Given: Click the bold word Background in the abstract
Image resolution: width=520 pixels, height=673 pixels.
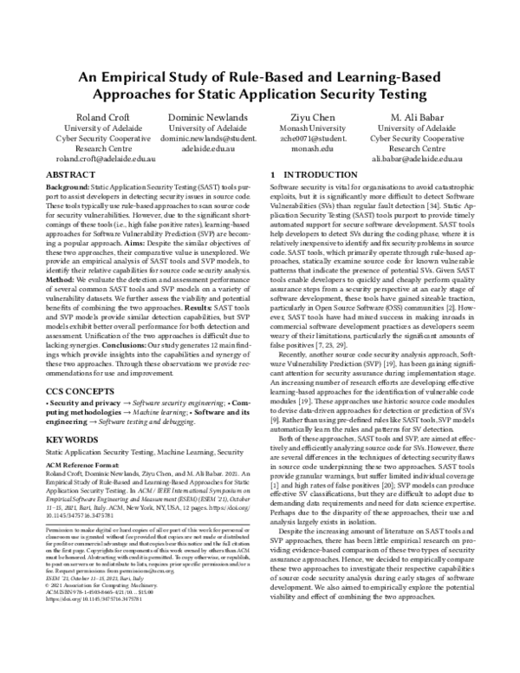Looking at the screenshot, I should pos(66,186).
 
